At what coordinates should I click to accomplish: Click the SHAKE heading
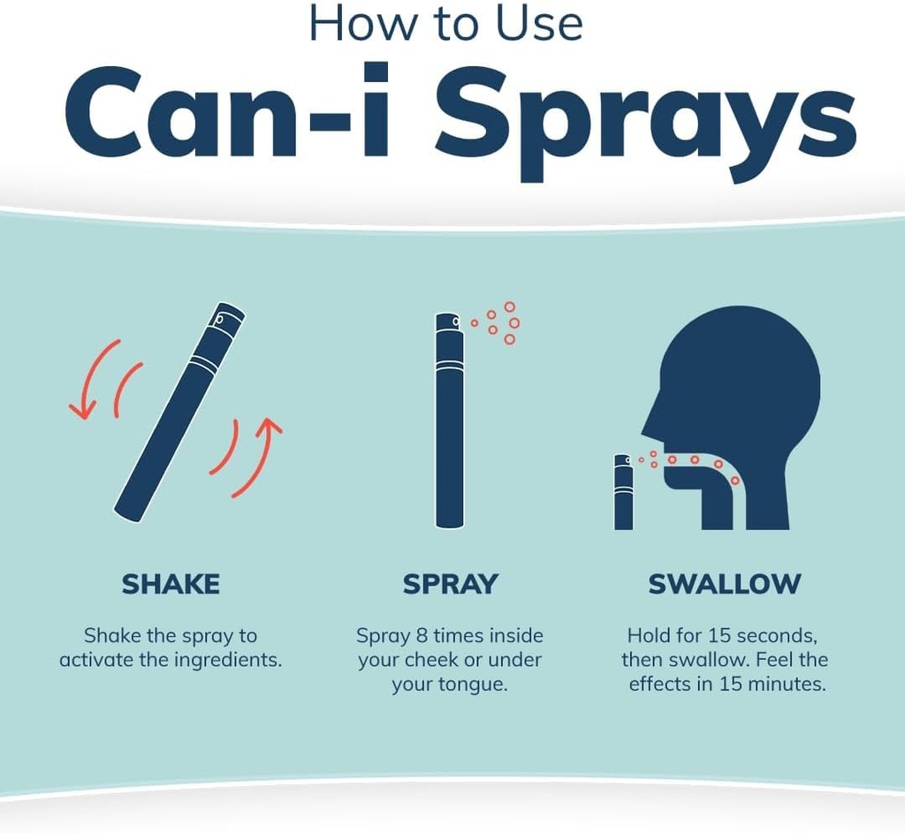171,584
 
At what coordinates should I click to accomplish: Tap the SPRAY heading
450,584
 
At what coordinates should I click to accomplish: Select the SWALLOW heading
725,584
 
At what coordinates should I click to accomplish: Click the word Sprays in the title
645,119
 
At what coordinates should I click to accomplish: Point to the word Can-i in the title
226,110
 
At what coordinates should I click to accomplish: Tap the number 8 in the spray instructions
422,635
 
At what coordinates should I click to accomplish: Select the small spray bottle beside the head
623,492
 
